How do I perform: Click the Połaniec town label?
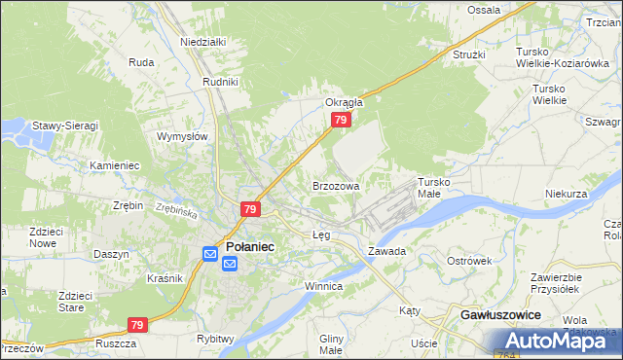tap(250, 247)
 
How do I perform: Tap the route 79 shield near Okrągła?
tap(340, 120)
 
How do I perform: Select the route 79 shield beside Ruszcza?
tap(137, 325)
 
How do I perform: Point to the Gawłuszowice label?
tap(500, 317)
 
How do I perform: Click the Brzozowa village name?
tap(336, 185)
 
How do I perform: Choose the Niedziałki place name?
tap(203, 42)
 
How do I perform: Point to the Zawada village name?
tap(386, 251)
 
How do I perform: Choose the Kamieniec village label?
tap(115, 166)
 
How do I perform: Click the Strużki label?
tap(468, 54)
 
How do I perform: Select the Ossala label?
tap(484, 10)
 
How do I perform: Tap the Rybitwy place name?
tap(215, 339)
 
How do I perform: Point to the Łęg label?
tap(321, 235)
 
